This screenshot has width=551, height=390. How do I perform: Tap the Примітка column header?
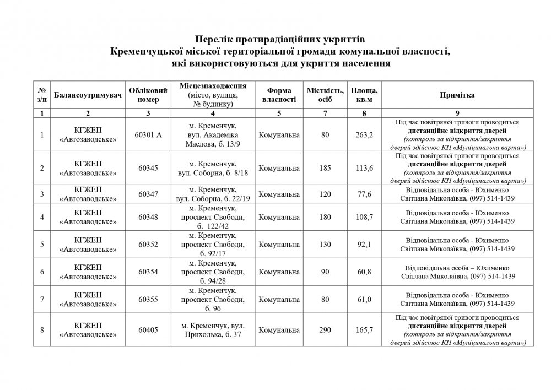(x=457, y=95)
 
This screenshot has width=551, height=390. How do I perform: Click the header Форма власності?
(x=279, y=95)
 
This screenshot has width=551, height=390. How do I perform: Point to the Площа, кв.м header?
(x=364, y=95)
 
